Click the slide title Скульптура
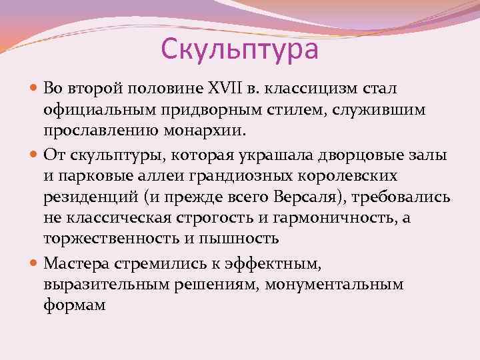[240, 49]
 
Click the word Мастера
[73, 264]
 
